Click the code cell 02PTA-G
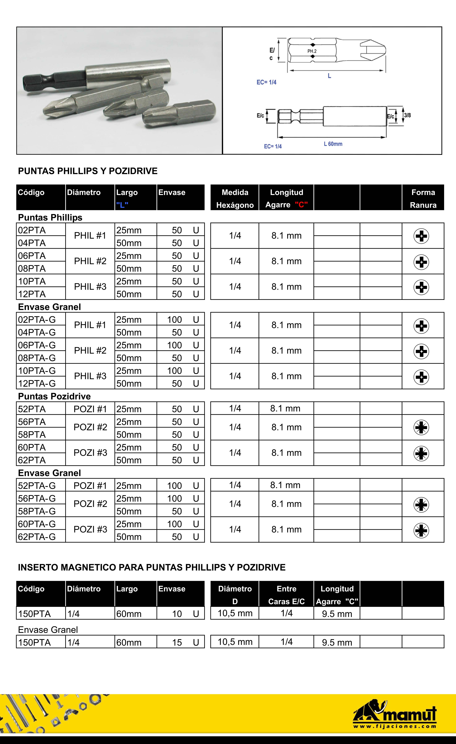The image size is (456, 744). point(37,319)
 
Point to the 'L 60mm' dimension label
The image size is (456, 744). point(333,144)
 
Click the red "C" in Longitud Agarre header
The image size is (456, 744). point(301,205)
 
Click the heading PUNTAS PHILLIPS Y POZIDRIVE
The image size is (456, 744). point(87,171)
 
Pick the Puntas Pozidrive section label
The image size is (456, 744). point(54,396)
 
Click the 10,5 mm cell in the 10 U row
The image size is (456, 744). point(235,613)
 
